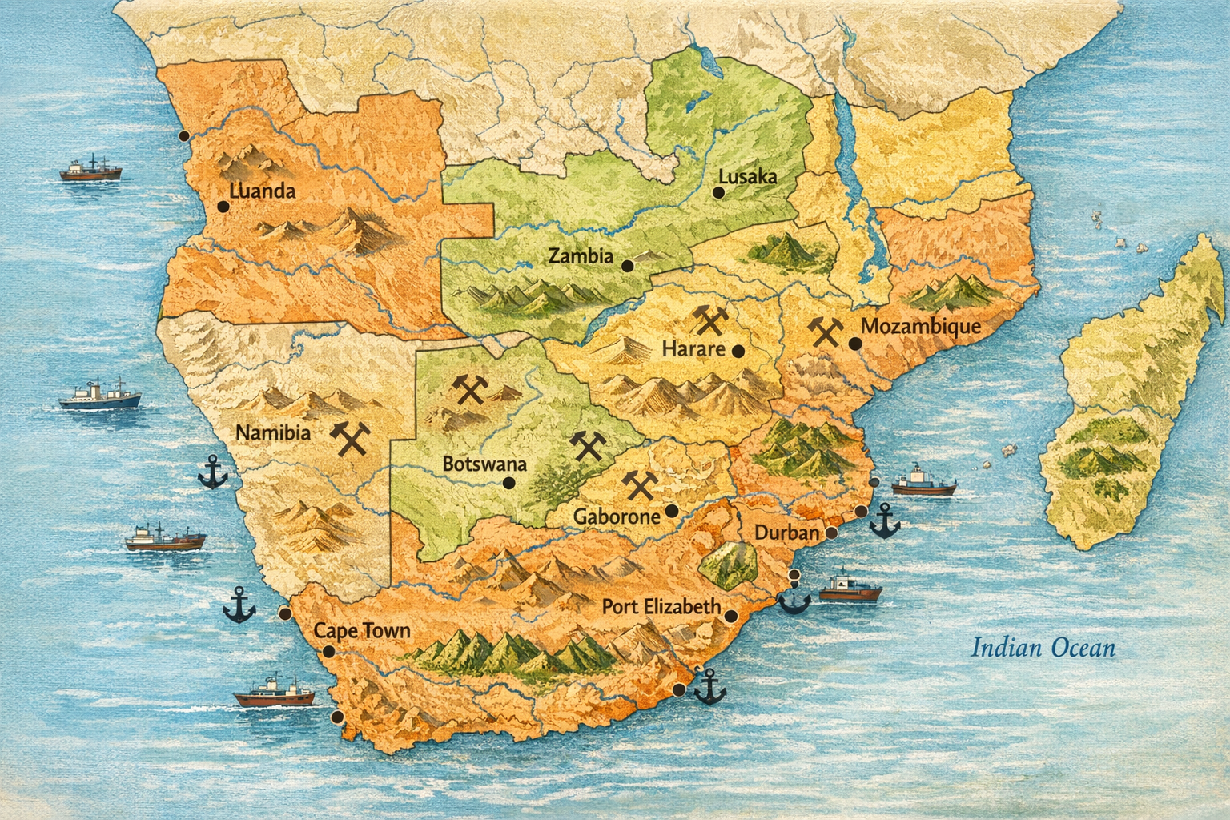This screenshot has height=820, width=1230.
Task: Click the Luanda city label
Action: (262, 191)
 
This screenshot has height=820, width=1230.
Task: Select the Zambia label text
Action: (581, 257)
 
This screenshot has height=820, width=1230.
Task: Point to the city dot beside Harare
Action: (738, 351)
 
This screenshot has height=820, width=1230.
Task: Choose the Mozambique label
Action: (920, 327)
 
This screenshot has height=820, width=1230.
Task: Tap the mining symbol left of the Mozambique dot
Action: (825, 330)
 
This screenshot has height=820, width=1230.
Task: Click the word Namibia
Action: (273, 432)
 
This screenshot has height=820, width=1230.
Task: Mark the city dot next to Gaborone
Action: (671, 511)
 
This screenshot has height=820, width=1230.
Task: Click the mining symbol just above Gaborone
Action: (639, 484)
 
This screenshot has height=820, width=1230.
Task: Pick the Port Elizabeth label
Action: (661, 607)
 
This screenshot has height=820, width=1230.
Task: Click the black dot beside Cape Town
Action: (328, 652)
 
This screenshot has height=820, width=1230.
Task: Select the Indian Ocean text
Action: (1043, 647)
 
